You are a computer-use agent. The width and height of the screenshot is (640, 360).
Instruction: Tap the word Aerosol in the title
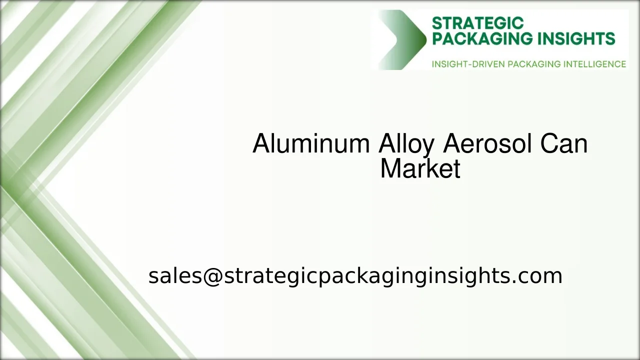487,144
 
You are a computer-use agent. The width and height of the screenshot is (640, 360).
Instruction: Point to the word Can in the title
563,144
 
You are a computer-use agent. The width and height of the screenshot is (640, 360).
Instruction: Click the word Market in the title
420,169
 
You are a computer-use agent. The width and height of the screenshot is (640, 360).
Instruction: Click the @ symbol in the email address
212,276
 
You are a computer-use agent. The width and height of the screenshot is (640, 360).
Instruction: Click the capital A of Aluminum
261,144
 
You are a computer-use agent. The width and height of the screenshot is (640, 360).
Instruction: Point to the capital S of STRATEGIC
436,23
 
